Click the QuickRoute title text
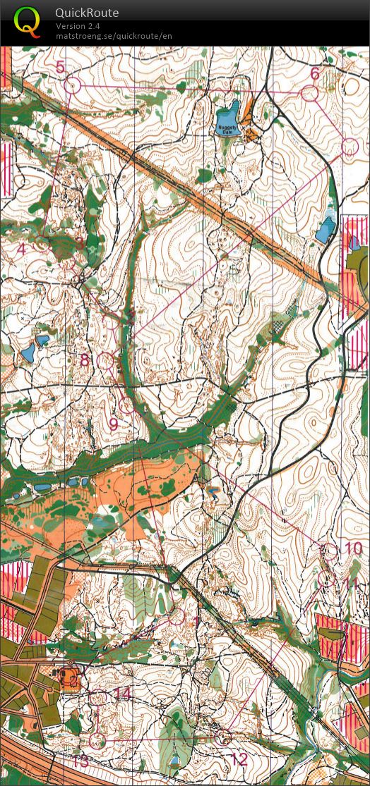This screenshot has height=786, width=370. pyautogui.click(x=87, y=13)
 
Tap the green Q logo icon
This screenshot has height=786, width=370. pyautogui.click(x=27, y=21)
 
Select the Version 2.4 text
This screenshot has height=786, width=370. pyautogui.click(x=78, y=26)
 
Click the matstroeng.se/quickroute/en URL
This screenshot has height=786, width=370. pyautogui.click(x=114, y=36)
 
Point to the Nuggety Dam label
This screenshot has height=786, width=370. pyautogui.click(x=225, y=128)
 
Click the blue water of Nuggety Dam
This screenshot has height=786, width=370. pyautogui.click(x=229, y=113)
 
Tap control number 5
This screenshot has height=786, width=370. pyautogui.click(x=60, y=67)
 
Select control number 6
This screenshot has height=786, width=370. pyautogui.click(x=315, y=73)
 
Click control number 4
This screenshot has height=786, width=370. pyautogui.click(x=21, y=249)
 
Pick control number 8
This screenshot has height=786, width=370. pyautogui.click(x=85, y=361)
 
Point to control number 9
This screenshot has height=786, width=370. pyautogui.click(x=113, y=424)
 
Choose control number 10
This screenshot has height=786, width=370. pyautogui.click(x=353, y=548)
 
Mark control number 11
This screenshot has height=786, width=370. pyautogui.click(x=351, y=582)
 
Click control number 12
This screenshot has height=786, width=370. pyautogui.click(x=239, y=759)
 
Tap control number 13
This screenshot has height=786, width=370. pyautogui.click(x=80, y=761)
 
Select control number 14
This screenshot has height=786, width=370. pyautogui.click(x=123, y=694)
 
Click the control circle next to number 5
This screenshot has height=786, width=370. pyautogui.click(x=73, y=86)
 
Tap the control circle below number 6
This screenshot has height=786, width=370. pyautogui.click(x=309, y=93)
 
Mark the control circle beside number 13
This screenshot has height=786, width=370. pyautogui.click(x=97, y=741)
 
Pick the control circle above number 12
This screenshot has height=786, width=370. pyautogui.click(x=223, y=738)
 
